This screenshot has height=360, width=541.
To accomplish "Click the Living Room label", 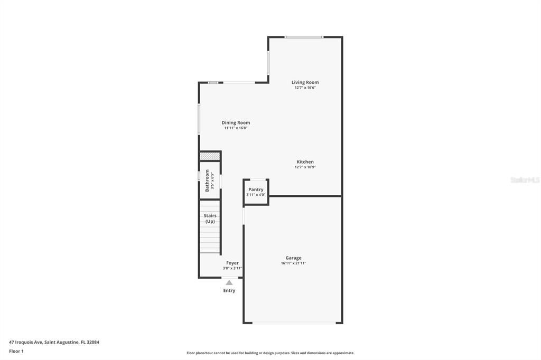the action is point(305,82).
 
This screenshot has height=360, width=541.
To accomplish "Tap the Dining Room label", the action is point(236,123).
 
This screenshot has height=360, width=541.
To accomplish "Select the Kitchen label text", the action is point(305,162).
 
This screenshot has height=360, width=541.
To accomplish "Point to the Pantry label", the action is point(256,190).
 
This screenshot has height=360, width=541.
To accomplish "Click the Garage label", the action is point(293,258).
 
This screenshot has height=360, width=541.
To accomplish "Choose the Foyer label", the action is point(232,263).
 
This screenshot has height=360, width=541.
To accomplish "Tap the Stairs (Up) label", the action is point(210,219).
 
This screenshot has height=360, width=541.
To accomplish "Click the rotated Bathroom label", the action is point(207,181).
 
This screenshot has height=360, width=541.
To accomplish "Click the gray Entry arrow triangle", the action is point(229,283).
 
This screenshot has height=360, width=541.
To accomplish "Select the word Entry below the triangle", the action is point(229,291).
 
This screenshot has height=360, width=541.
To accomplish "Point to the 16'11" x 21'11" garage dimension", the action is point(293,263).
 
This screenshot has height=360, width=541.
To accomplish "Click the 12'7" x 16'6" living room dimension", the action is point(305,88).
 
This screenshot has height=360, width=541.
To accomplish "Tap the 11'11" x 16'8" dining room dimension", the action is point(236,128).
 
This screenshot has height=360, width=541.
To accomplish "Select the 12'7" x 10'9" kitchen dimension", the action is point(305,167).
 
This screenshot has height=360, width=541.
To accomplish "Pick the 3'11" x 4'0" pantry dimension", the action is point(256,195).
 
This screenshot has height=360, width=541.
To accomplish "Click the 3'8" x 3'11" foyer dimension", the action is point(232,268).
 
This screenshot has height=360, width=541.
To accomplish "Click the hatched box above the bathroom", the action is point(210,156).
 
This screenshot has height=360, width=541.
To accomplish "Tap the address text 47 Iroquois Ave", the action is point(26,343).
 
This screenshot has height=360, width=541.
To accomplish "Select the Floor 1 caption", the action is point(16,352).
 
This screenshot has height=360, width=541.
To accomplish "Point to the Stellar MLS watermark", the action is point(525,180).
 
